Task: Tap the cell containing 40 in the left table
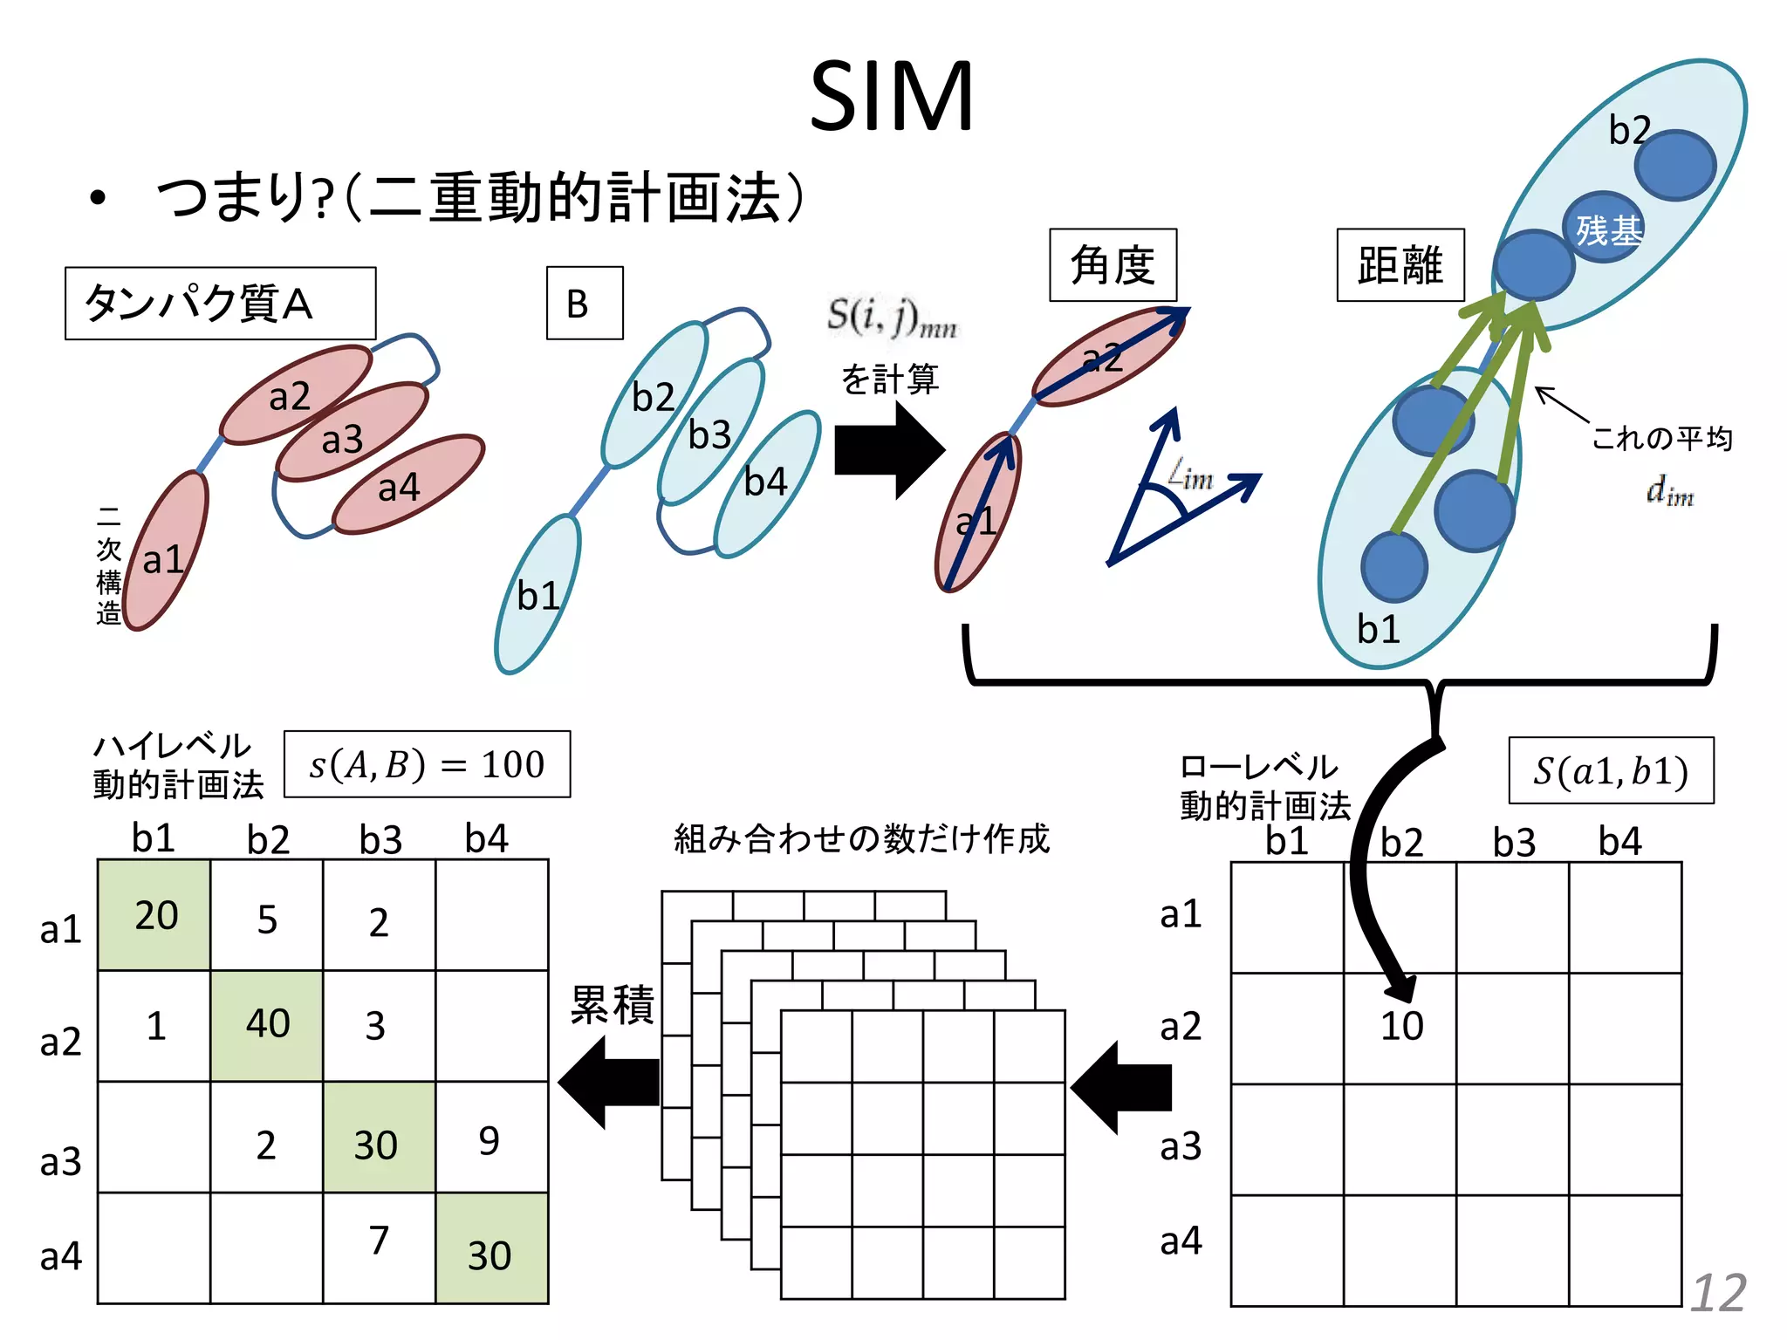coord(267,1025)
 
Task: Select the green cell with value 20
coord(154,915)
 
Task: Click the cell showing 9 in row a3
coord(491,1138)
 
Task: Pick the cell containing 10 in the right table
coord(1400,1028)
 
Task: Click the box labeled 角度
coord(1113,265)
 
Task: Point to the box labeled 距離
coord(1400,265)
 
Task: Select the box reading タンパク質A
coord(220,304)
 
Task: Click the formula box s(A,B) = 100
coord(427,764)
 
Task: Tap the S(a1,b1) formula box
coord(1611,771)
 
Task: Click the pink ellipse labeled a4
coord(408,484)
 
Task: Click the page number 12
coord(1718,1292)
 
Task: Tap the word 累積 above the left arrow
coord(612,1004)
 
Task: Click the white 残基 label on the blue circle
coord(1608,230)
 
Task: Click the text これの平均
coord(1661,438)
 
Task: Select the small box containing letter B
coord(585,303)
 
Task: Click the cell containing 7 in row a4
coord(379,1241)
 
